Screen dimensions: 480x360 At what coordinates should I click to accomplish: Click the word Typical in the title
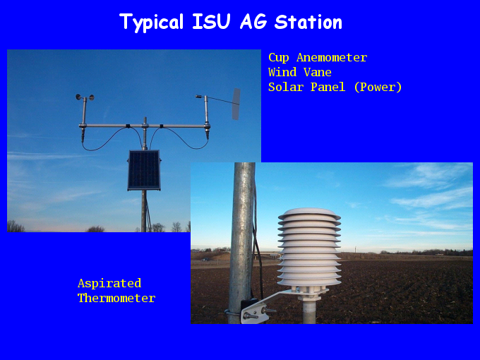[x=152, y=23]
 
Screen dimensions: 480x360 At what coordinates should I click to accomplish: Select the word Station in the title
[x=308, y=22]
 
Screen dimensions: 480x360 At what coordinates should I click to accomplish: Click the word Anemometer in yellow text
[x=332, y=58]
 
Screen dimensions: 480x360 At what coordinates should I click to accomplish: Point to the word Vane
[x=318, y=72]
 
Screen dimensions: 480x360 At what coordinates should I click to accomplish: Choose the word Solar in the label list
[x=286, y=87]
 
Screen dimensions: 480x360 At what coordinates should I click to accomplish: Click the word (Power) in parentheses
[x=378, y=88]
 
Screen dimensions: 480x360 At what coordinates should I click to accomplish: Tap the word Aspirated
[x=109, y=284]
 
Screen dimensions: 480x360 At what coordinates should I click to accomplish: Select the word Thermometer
[x=116, y=298]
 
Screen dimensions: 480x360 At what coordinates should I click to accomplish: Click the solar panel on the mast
[x=144, y=170]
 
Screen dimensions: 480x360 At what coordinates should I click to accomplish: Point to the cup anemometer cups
[x=85, y=97]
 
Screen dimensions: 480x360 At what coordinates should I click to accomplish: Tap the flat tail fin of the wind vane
[x=236, y=104]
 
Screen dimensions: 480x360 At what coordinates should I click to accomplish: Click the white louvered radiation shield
[x=309, y=247]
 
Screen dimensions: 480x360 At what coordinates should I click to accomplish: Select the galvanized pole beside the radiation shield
[x=242, y=242]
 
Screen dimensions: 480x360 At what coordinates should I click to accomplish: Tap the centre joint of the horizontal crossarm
[x=145, y=126]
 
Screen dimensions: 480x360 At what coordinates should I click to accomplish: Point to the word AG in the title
[x=253, y=22]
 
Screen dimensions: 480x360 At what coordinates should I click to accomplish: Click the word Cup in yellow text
[x=279, y=58]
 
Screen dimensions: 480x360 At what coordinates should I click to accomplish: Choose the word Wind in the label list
[x=282, y=72]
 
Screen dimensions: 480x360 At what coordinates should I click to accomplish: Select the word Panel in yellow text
[x=328, y=87]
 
